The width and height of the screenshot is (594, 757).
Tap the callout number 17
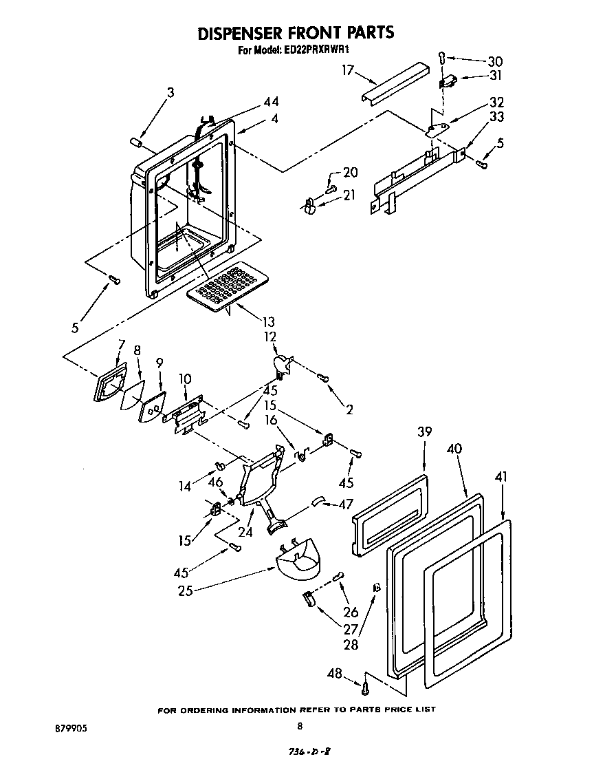pyautogui.click(x=348, y=69)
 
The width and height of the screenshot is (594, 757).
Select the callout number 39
pyautogui.click(x=424, y=431)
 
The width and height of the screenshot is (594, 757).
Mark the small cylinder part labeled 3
pyautogui.click(x=135, y=142)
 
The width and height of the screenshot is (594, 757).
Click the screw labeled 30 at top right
pyautogui.click(x=442, y=58)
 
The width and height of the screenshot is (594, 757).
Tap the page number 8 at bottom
pyautogui.click(x=300, y=725)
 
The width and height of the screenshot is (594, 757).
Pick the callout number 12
pyautogui.click(x=269, y=337)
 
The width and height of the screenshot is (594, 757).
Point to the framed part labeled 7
pyautogui.click(x=110, y=383)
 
